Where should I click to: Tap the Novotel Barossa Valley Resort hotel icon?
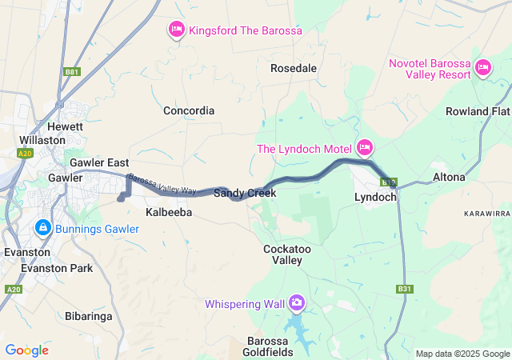(x=482, y=68)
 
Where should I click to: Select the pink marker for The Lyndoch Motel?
(x=365, y=146)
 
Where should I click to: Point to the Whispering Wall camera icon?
(x=297, y=302)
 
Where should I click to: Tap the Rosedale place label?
(x=293, y=68)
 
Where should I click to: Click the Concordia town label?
(x=189, y=110)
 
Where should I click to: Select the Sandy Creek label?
(x=244, y=194)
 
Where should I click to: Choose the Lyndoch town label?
(x=376, y=197)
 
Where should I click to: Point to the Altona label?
(x=448, y=177)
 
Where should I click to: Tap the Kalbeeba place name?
(x=169, y=213)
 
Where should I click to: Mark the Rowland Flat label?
(x=477, y=111)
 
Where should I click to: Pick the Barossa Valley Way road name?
(x=162, y=184)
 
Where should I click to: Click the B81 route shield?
(x=72, y=72)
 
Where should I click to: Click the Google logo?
(x=26, y=350)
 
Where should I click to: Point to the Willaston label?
(x=42, y=139)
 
